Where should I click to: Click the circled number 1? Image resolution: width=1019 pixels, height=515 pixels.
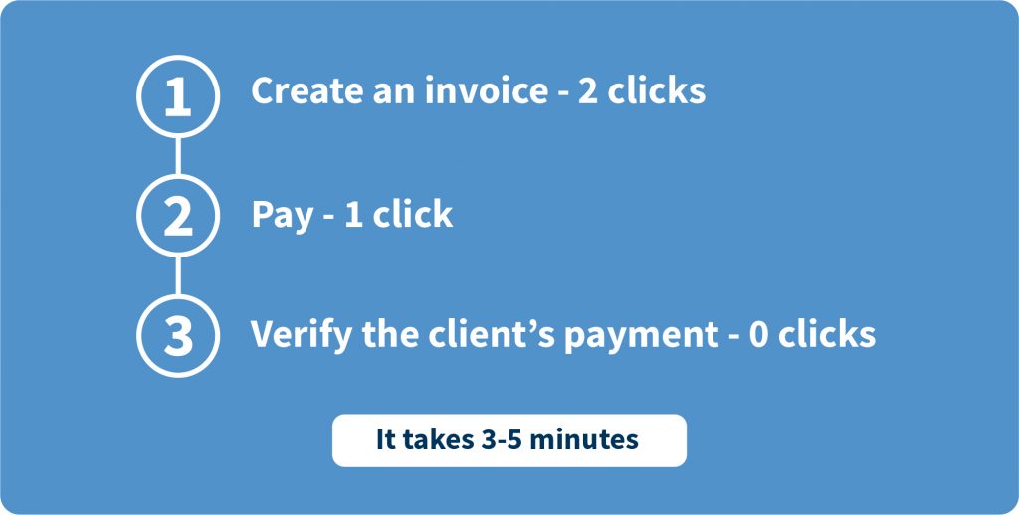(178, 96)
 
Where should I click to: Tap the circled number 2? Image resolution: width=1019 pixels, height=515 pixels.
(178, 216)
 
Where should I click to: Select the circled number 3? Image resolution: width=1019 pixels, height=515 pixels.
(178, 335)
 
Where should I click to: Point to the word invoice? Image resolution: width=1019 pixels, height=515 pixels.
(486, 90)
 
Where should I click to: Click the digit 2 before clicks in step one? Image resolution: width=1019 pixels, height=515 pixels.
(587, 91)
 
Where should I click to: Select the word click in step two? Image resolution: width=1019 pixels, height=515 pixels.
(413, 214)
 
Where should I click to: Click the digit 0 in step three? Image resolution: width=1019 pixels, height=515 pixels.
(759, 334)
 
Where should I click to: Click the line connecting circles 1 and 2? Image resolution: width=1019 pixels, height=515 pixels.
(178, 156)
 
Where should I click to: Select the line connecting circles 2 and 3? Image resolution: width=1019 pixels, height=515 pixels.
(178, 275)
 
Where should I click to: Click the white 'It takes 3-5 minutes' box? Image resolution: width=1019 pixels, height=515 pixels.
(509, 440)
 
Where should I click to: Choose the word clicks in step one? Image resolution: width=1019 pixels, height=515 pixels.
(657, 90)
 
